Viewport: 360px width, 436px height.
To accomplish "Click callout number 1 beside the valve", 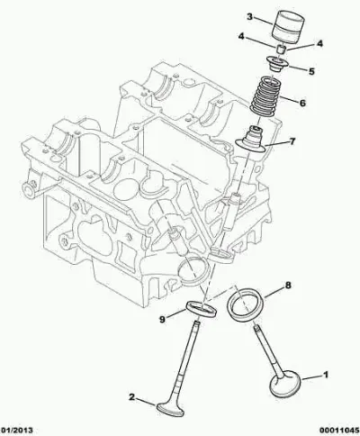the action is [x=325, y=375].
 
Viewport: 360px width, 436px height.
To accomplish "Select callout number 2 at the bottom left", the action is [x=131, y=397].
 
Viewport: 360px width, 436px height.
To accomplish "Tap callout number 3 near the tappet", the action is [x=249, y=16].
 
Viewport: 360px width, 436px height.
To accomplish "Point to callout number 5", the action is [x=311, y=71].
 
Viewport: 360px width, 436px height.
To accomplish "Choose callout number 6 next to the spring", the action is [x=302, y=103].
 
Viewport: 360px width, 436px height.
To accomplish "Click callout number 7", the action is [x=292, y=141].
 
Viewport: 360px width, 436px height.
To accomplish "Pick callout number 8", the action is [x=288, y=286].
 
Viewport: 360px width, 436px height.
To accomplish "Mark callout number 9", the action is [x=162, y=320].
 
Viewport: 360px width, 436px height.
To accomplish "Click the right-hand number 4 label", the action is [x=319, y=44].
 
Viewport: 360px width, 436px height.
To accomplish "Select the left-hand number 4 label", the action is [x=241, y=37].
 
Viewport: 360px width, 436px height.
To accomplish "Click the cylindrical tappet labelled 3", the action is [x=288, y=27].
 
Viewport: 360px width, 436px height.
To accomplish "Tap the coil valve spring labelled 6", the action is [x=265, y=95].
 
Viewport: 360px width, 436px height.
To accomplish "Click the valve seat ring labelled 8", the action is [x=247, y=304].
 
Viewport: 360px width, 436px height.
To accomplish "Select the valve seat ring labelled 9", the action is [x=202, y=308].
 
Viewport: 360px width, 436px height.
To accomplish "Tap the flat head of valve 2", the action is [x=170, y=408].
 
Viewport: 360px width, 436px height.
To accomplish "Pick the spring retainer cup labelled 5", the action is [x=277, y=64].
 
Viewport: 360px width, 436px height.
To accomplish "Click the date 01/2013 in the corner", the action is [x=16, y=430].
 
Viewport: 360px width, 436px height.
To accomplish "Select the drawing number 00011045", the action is [x=339, y=430].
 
